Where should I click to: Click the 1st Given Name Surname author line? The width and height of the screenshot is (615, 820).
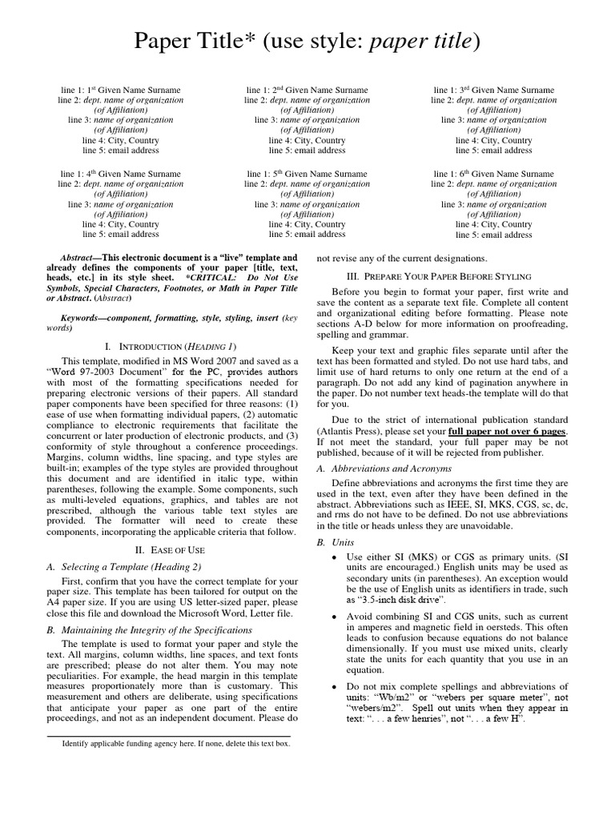pos(120,90)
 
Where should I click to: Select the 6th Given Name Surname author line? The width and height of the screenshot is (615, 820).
pos(493,174)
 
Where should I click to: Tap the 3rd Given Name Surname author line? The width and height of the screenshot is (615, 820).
pos(493,90)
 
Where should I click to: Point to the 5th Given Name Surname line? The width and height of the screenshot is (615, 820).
pos(307,174)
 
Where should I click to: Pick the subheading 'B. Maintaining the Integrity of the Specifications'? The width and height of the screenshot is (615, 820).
pos(150,630)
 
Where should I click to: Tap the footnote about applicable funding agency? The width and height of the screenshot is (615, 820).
pos(176,743)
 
